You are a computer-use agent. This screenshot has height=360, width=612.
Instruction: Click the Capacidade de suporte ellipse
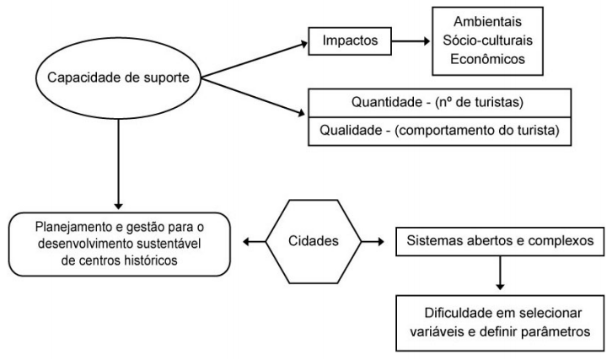coord(118,78)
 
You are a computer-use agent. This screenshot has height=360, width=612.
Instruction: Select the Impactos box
coord(350,41)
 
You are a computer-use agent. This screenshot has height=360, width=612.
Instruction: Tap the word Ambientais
coord(487,21)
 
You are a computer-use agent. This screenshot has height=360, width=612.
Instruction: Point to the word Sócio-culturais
coord(487,40)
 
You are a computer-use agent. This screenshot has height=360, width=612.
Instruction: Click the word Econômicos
coord(487,59)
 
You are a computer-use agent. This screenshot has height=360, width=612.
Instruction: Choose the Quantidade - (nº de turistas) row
coord(439,103)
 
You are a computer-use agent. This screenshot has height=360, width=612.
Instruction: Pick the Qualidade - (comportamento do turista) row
coord(439,132)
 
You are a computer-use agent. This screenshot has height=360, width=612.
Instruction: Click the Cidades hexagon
coord(314,242)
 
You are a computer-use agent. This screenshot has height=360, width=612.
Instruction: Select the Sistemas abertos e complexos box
coord(500,242)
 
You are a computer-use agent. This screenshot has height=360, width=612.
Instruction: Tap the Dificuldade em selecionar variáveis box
coord(500,323)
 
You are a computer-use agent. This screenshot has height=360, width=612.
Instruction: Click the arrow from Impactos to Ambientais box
coord(411,41)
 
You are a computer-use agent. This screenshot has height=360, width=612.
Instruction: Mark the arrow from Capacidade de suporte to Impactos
coord(255,60)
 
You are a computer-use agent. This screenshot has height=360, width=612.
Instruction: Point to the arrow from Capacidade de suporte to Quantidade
coord(253,96)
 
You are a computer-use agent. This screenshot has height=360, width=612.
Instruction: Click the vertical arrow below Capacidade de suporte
coord(118,164)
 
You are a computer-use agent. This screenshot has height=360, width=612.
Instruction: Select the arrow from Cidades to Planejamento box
coord(254,242)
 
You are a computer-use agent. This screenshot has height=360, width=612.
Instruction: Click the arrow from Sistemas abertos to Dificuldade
coord(500,273)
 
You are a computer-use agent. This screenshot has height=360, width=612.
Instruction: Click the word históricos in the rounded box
coord(151,261)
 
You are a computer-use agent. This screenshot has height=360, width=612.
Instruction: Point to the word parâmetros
coord(556,332)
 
